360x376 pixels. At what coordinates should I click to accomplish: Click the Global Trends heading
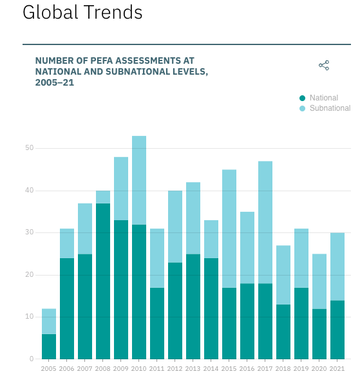82,12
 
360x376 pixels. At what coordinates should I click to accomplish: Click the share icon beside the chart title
324,65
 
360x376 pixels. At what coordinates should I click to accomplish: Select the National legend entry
323,98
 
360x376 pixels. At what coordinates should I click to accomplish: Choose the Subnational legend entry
329,108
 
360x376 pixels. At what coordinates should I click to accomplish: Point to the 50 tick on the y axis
29,148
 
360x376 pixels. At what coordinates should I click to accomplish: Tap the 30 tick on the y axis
29,232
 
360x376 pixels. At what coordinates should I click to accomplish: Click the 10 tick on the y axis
29,317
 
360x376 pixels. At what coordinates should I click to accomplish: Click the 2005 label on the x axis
49,368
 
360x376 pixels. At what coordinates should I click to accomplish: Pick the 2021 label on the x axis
337,368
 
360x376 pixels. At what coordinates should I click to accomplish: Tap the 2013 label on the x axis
193,368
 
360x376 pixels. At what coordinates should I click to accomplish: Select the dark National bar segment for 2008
103,281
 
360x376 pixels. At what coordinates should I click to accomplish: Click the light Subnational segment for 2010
139,180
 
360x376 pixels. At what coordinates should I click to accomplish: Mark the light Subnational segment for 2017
265,222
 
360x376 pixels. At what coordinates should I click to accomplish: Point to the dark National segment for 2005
49,346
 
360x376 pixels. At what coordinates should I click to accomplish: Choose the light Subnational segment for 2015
229,229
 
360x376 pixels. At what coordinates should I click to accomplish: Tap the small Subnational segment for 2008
103,197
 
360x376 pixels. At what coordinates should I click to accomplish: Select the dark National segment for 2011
157,323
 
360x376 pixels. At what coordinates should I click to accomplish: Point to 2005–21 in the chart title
55,82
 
